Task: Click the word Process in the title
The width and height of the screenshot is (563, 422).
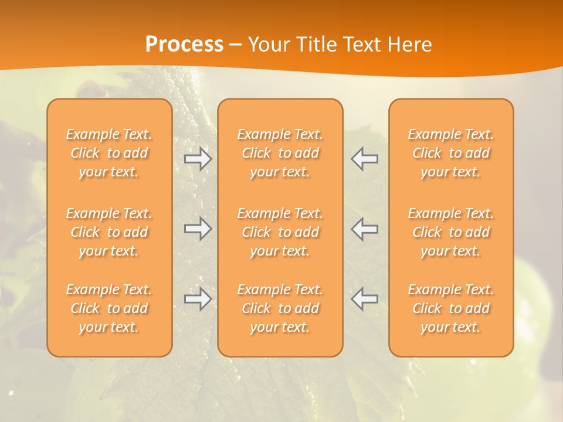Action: [x=184, y=45]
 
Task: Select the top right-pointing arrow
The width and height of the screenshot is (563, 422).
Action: [x=198, y=159]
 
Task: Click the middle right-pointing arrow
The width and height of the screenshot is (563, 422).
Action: [x=198, y=229]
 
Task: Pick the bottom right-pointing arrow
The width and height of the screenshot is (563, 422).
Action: [x=198, y=299]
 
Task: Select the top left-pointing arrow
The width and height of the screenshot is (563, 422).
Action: [x=364, y=159]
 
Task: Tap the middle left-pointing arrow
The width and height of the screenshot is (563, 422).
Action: [x=364, y=229]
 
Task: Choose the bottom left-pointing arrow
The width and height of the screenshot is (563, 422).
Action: [x=364, y=299]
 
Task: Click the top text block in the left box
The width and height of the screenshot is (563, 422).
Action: [x=109, y=153]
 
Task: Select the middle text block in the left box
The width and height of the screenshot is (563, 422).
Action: [x=109, y=232]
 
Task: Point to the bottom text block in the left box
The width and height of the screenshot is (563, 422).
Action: [x=109, y=308]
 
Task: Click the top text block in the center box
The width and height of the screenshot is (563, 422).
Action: [x=280, y=153]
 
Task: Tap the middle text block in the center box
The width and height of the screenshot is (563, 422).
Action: [x=280, y=232]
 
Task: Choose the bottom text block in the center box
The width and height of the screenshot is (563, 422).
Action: [x=280, y=308]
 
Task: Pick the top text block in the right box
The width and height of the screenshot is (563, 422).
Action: [x=451, y=153]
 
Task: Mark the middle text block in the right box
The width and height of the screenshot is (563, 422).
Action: [x=451, y=232]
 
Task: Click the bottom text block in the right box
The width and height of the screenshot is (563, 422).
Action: [x=451, y=308]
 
